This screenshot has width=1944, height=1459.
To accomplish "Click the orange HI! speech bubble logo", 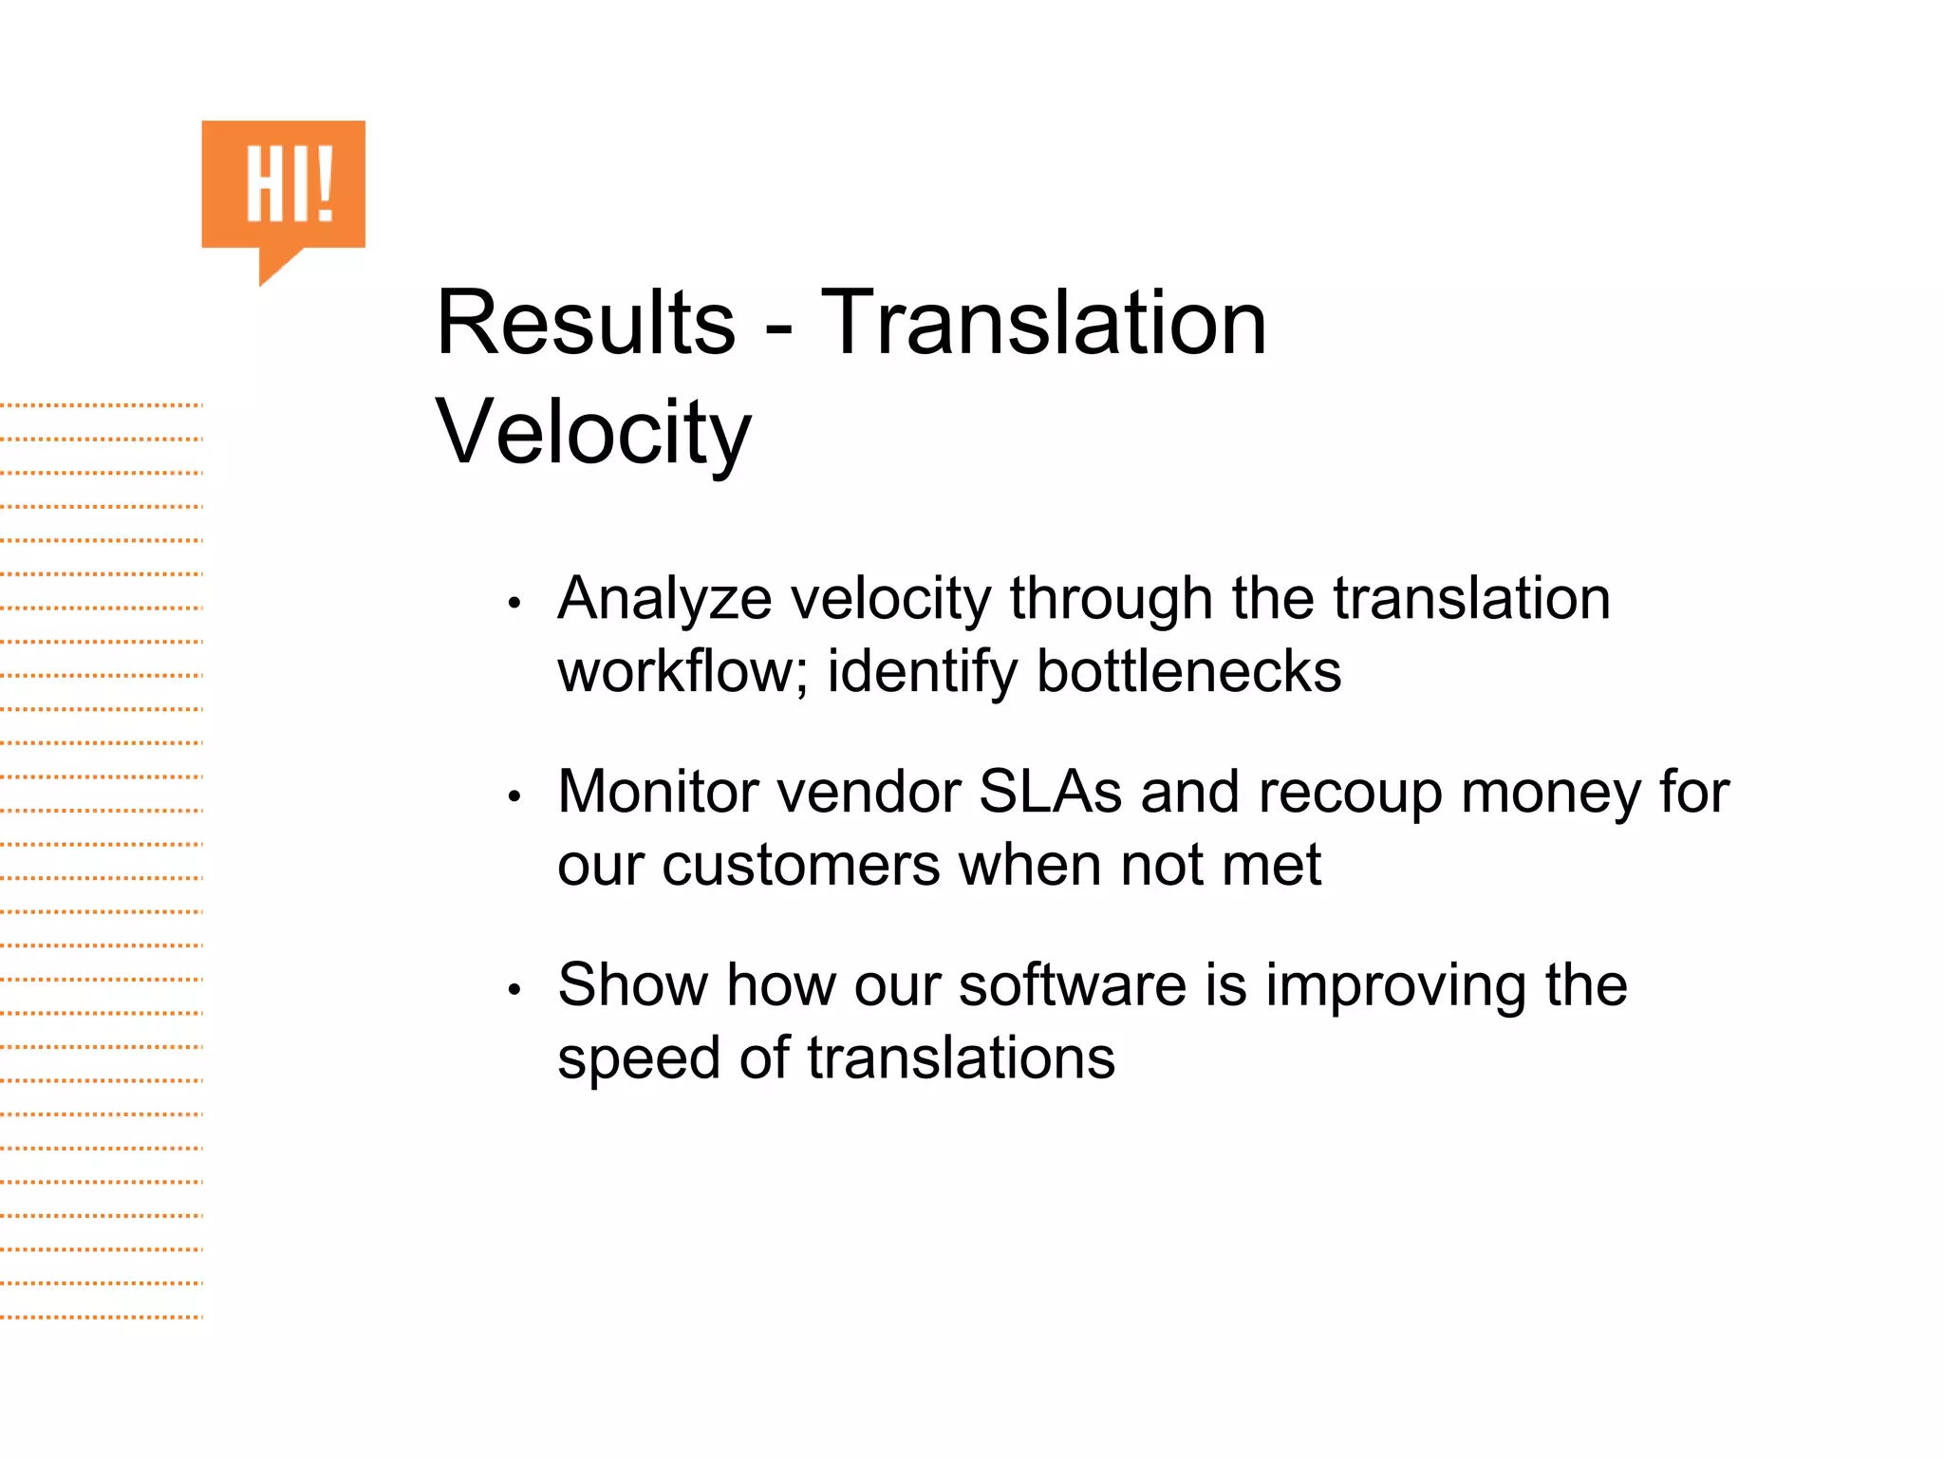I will (283, 187).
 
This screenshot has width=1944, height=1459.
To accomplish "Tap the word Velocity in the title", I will (593, 433).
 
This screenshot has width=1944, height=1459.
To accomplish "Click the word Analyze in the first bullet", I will (664, 600).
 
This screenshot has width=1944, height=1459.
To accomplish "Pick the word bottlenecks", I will (1188, 672).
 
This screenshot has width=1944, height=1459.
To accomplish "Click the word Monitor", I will (665, 792).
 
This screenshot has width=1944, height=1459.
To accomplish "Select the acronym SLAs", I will (1050, 792).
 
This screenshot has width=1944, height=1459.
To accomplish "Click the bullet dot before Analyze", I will (514, 603).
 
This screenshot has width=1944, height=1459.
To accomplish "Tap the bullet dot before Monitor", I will (514, 796).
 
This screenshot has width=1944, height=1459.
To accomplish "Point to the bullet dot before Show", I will (514, 990).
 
